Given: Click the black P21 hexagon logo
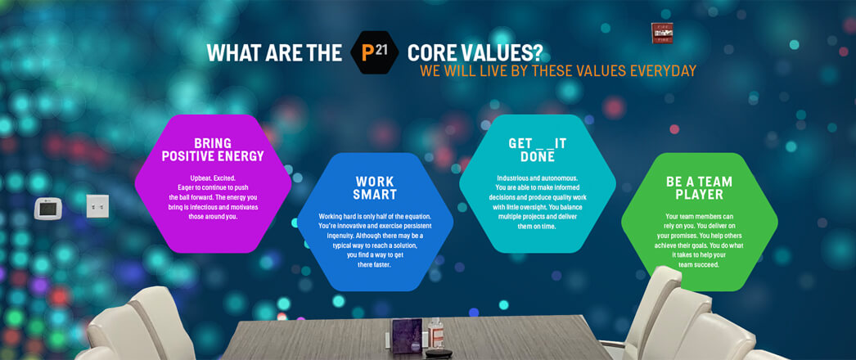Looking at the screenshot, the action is tap(375, 52).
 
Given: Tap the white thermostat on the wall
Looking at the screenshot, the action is tap(48, 209).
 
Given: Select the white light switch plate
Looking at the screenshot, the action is tap(97, 206).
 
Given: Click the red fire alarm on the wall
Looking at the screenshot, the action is tap(662, 34).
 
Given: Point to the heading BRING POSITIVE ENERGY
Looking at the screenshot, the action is tap(213, 150).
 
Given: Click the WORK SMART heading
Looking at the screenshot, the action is tap(375, 187).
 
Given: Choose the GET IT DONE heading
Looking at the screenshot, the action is tap(538, 150).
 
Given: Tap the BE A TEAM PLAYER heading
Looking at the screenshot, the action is tap(700, 187).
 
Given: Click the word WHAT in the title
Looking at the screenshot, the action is tap(231, 53).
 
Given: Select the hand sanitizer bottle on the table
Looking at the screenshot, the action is tap(435, 333).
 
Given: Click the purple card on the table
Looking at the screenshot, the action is tap(407, 336).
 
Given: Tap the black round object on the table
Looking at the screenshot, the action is tap(439, 353).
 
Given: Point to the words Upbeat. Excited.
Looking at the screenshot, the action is tap(213, 178).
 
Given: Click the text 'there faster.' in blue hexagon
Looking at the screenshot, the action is tap(375, 264).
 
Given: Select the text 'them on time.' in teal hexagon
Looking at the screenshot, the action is tap(537, 227).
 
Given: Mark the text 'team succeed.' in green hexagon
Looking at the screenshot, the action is tap(699, 264).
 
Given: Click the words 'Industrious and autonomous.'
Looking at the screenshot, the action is tap(537, 178).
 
